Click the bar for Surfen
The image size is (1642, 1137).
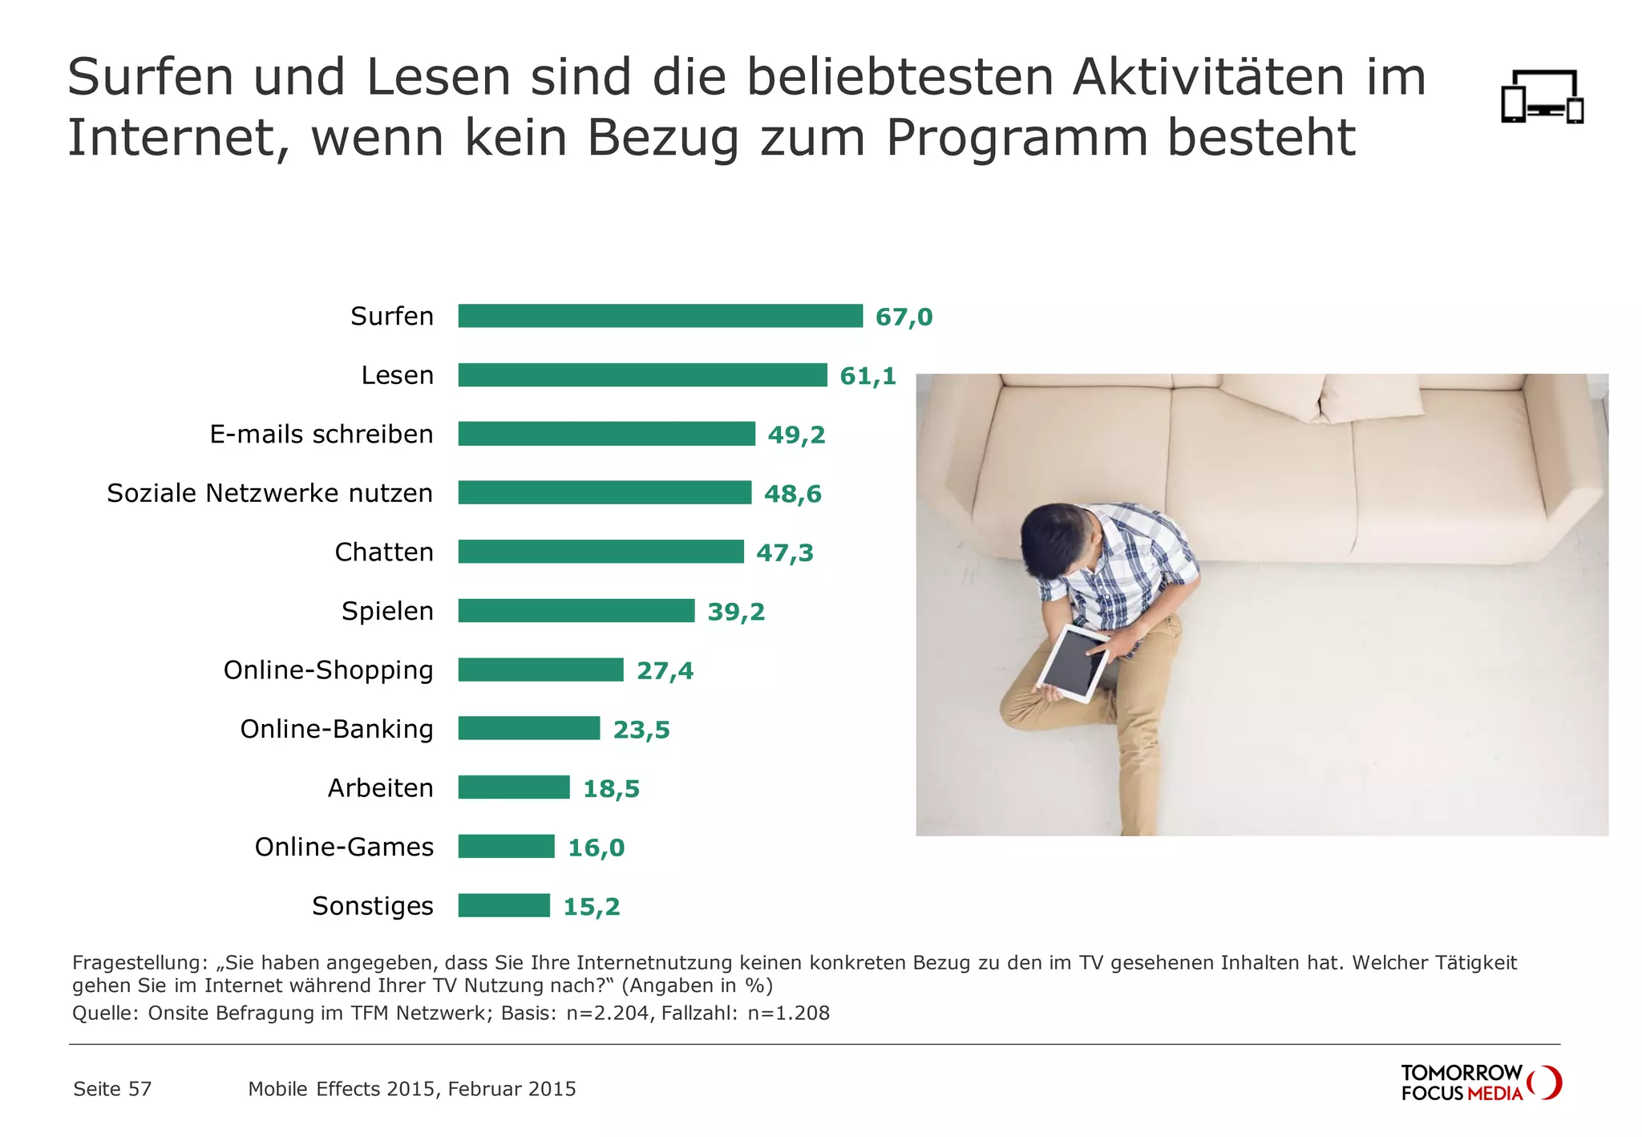pyautogui.click(x=660, y=316)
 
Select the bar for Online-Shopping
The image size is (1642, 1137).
pyautogui.click(x=540, y=670)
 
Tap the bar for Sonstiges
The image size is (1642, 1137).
pyautogui.click(x=504, y=905)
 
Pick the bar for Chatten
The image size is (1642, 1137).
pyautogui.click(x=601, y=552)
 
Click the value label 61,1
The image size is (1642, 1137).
pyautogui.click(x=868, y=375)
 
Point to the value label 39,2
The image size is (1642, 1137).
pyautogui.click(x=735, y=612)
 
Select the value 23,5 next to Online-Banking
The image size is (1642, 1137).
pyautogui.click(x=641, y=730)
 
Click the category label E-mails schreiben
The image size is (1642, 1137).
pyautogui.click(x=321, y=434)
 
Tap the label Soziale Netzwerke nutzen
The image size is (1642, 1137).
pyautogui.click(x=269, y=493)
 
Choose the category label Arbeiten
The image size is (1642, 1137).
pyautogui.click(x=380, y=788)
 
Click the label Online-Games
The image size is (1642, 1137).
pyautogui.click(x=344, y=847)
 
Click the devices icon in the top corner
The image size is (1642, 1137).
pyautogui.click(x=1542, y=97)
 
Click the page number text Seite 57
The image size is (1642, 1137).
pyautogui.click(x=111, y=1089)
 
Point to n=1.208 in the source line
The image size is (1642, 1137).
pyautogui.click(x=788, y=1013)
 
